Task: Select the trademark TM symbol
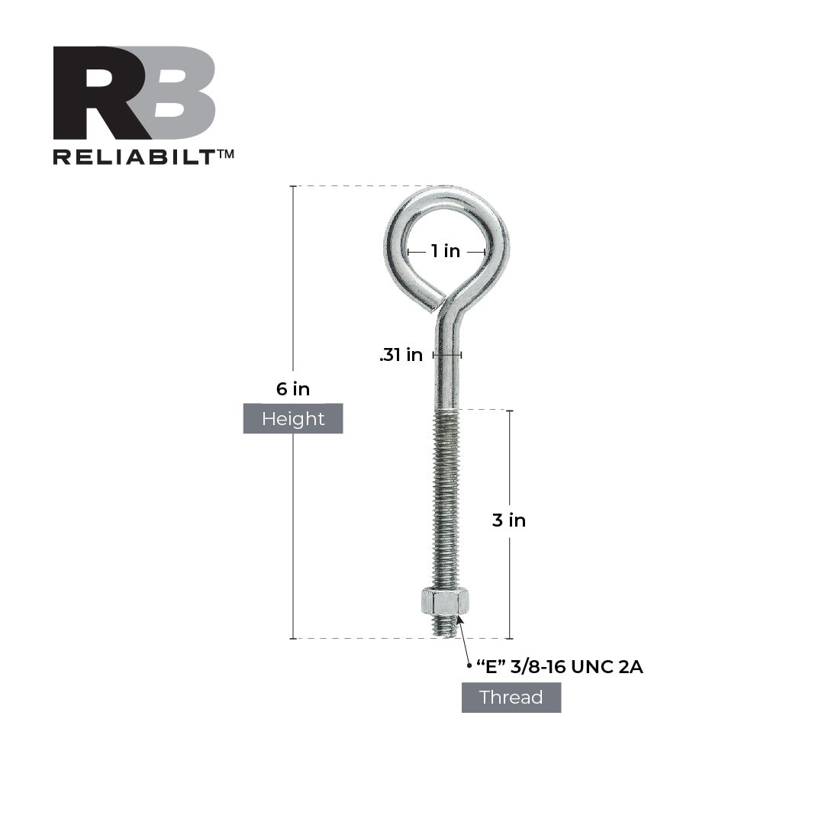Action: tap(225, 154)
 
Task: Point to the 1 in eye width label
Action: tap(446, 251)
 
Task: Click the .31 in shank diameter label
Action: tap(401, 355)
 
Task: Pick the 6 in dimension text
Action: tap(293, 389)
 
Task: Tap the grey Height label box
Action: tap(293, 418)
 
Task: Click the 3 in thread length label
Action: tap(509, 520)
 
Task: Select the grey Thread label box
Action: tap(511, 697)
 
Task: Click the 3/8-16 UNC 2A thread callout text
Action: tap(580, 667)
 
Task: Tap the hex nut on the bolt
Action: tap(444, 602)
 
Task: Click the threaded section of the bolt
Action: tap(446, 496)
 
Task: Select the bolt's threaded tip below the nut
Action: tap(445, 627)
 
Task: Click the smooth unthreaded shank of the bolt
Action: tap(446, 374)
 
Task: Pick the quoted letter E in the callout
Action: tap(492, 667)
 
